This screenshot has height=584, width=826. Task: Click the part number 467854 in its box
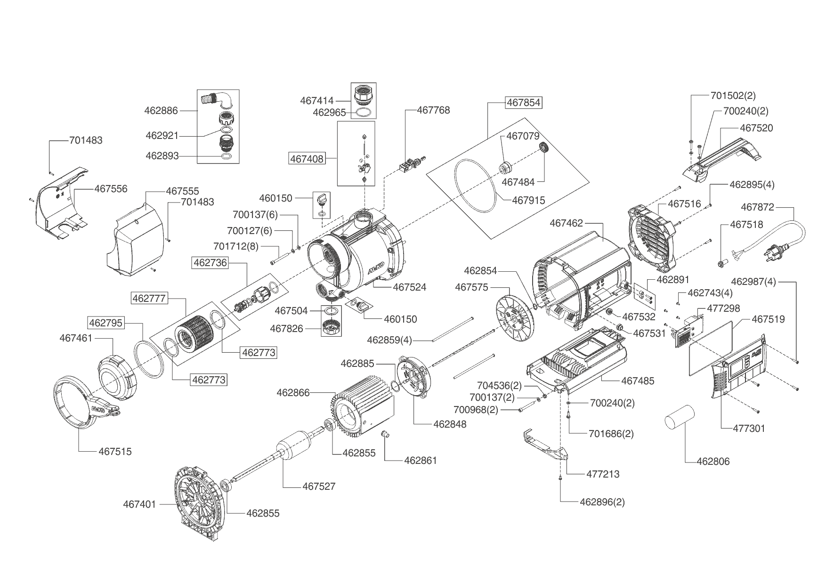click(524, 103)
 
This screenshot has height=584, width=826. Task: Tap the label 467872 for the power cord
click(757, 207)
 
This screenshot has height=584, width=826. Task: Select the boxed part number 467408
click(307, 159)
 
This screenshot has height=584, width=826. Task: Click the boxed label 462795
click(105, 323)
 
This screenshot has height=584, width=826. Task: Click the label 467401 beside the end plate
click(139, 504)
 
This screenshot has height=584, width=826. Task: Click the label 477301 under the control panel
click(749, 429)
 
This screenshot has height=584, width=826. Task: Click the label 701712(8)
click(236, 246)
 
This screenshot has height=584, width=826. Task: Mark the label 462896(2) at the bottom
click(602, 502)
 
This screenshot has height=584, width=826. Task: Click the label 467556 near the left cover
click(111, 189)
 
